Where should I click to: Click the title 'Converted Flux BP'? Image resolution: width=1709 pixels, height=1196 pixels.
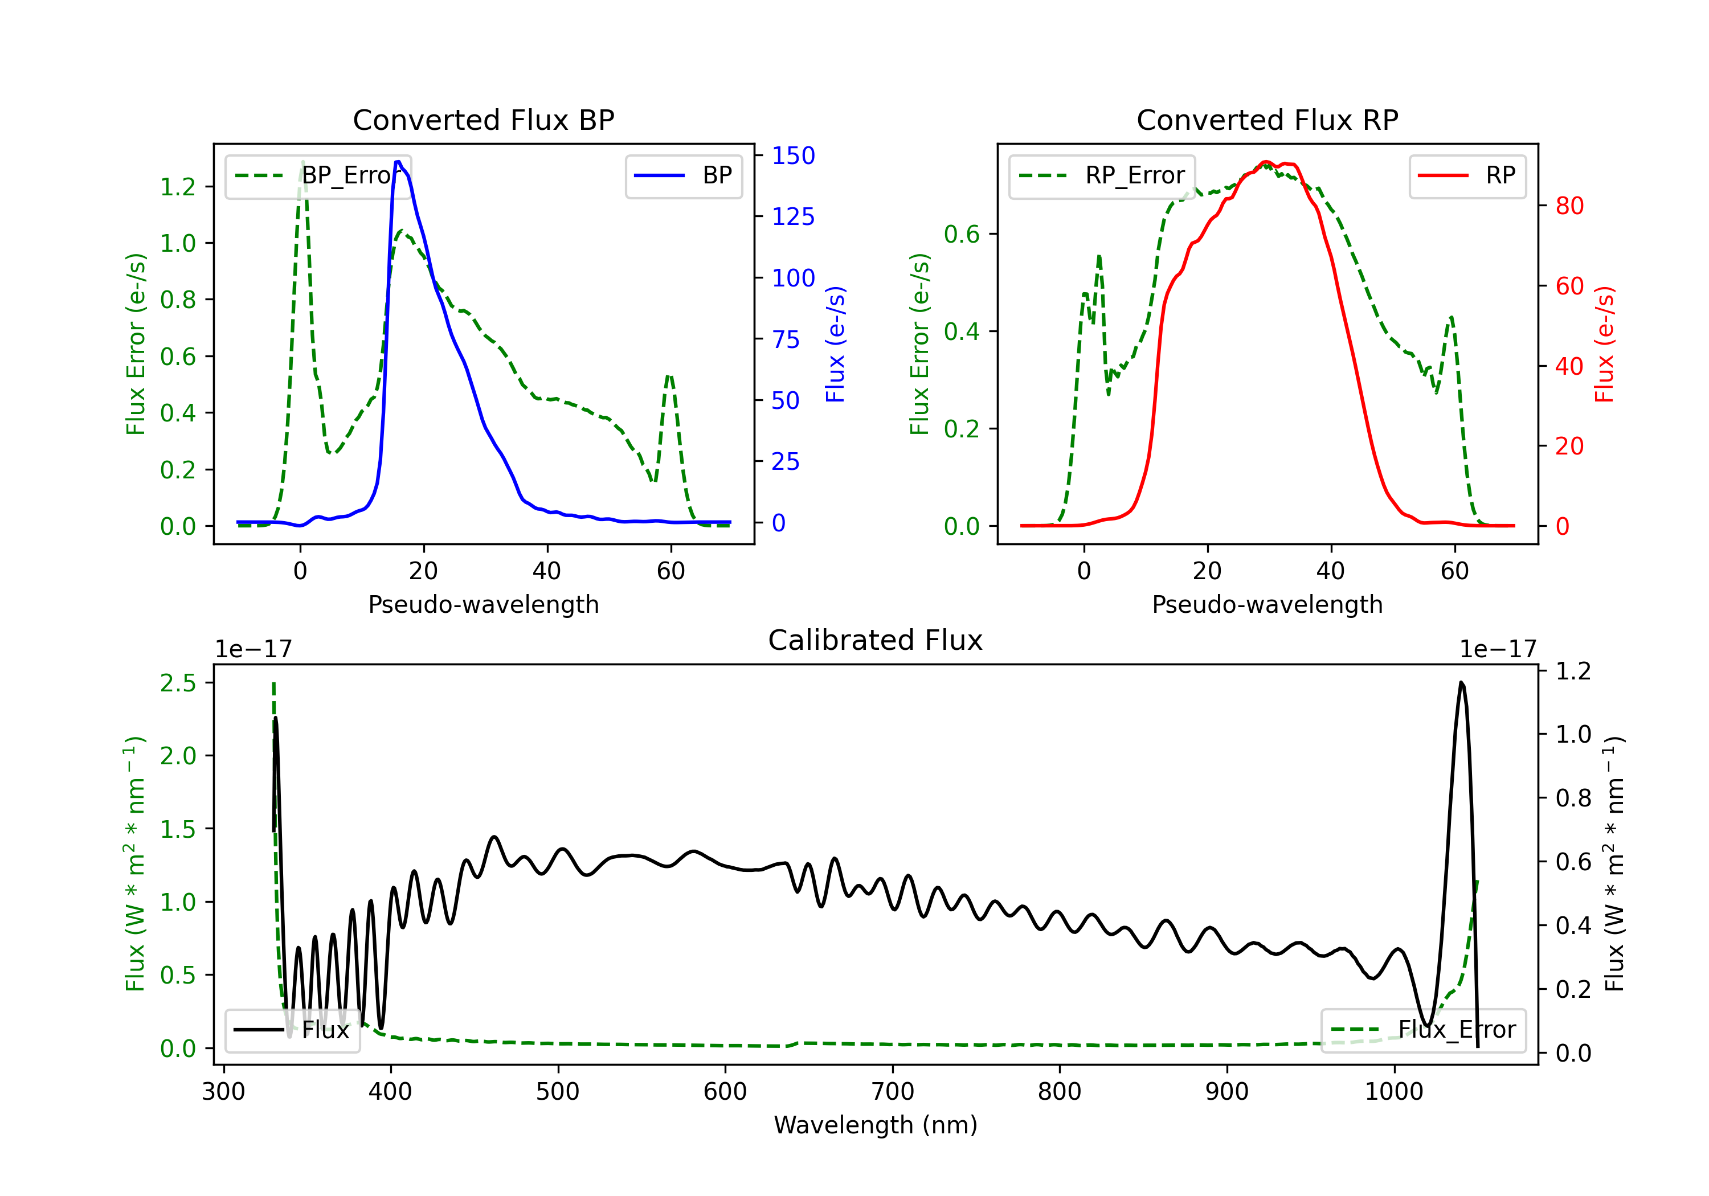[484, 120]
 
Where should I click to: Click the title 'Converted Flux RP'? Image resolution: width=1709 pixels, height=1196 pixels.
[1268, 120]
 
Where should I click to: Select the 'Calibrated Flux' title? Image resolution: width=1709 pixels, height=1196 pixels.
[876, 640]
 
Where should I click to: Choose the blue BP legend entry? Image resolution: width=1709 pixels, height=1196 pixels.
[683, 175]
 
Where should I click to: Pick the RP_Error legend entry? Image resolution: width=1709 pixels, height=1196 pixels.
[1102, 175]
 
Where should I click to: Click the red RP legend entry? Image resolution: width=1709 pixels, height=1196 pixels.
[1467, 175]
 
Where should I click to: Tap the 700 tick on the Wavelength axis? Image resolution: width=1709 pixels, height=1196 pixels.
[893, 1092]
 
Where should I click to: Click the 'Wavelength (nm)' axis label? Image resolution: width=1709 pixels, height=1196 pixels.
[876, 1125]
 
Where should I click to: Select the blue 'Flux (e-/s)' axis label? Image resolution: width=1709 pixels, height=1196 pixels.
[835, 344]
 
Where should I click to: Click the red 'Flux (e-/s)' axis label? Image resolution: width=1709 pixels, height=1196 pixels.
[1604, 344]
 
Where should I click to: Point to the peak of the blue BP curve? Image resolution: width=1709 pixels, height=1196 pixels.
[398, 162]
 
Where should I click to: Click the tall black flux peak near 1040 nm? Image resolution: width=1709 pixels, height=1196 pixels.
[1461, 682]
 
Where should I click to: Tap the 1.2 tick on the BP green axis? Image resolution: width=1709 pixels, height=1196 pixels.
[178, 186]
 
